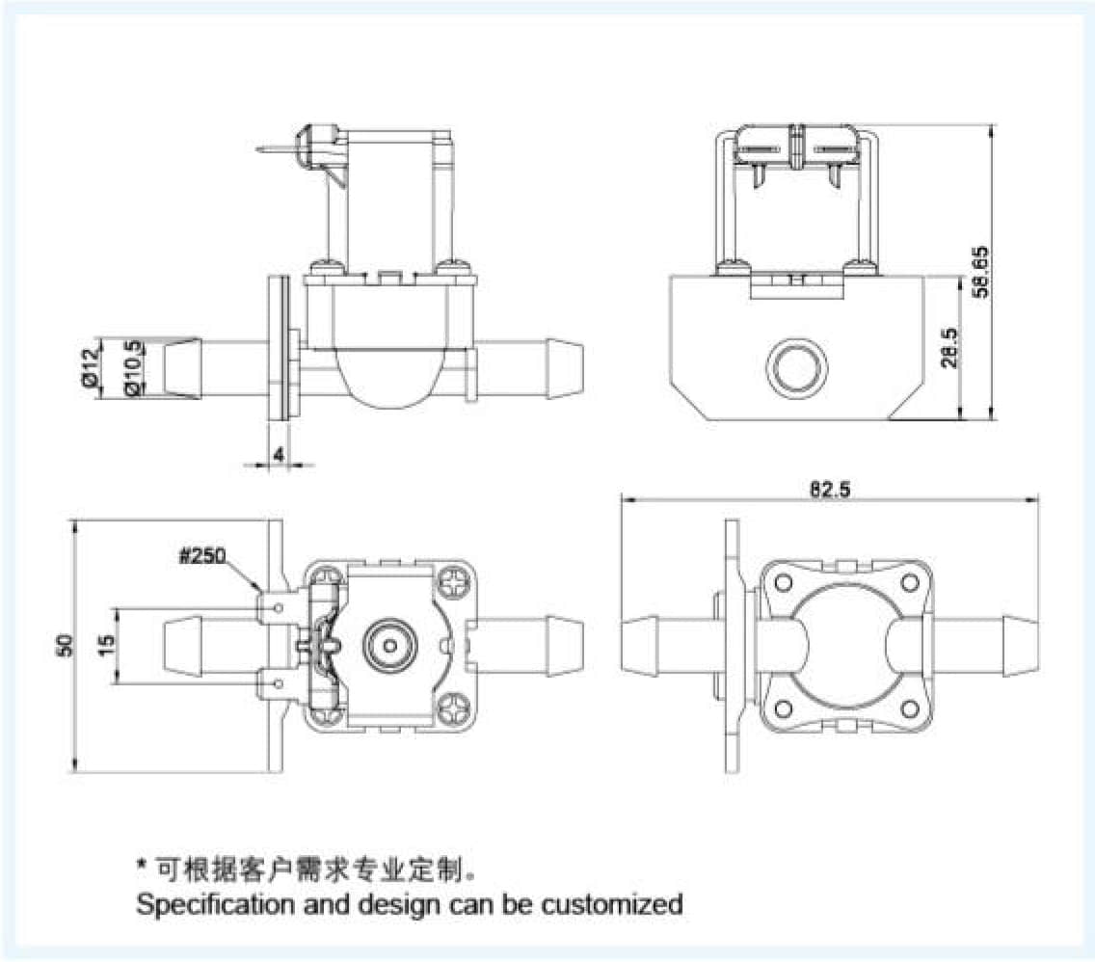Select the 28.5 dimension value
(x=948, y=348)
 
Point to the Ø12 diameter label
(x=91, y=367)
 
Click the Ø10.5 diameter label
(x=134, y=367)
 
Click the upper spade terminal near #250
(x=278, y=606)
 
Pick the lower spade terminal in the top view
(x=278, y=684)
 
